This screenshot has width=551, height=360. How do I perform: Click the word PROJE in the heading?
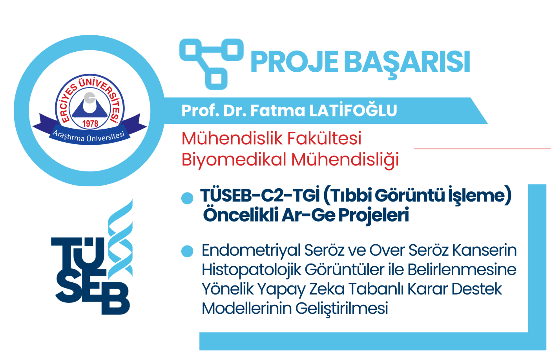coord(295,62)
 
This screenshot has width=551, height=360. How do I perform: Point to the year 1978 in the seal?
coord(90,124)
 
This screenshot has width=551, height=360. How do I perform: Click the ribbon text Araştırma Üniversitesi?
coord(89,136)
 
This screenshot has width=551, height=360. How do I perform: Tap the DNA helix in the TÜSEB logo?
coord(120,238)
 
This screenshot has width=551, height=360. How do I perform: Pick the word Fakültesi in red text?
coord(324,138)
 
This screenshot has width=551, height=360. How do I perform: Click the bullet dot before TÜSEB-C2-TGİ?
coord(187,198)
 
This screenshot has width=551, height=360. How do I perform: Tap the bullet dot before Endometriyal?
coord(187,251)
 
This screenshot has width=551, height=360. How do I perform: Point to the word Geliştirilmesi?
coord(342,308)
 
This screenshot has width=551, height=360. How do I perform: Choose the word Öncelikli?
coord(241,215)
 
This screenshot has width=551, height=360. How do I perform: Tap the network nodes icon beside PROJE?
coord(212,64)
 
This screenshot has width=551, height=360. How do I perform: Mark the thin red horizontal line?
coord(483,149)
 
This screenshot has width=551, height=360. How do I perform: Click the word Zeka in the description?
coord(327,289)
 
